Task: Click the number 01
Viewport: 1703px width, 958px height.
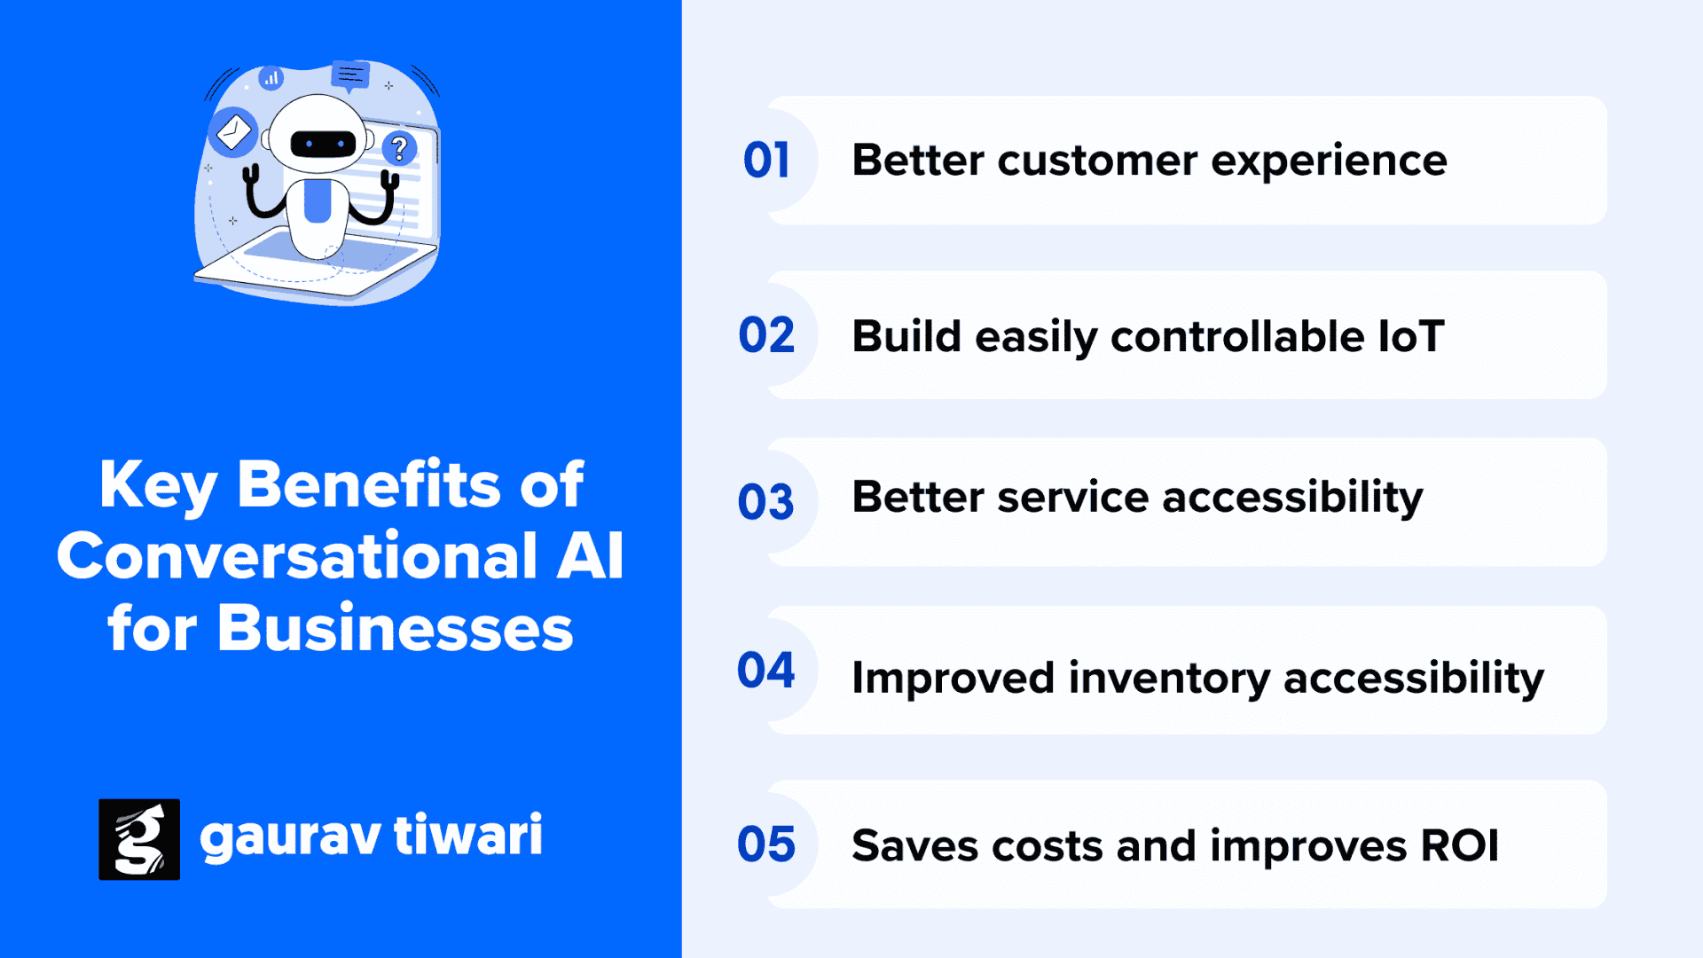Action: pyautogui.click(x=766, y=161)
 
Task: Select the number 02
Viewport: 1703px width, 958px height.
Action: pyautogui.click(x=766, y=335)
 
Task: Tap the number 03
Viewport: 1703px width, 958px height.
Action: pyautogui.click(x=766, y=502)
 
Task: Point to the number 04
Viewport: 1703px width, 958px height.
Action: pyautogui.click(x=766, y=670)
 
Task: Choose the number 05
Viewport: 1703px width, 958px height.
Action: pyautogui.click(x=766, y=844)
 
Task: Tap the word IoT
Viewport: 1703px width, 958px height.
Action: pyautogui.click(x=1411, y=336)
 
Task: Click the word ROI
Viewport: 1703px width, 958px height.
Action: pyautogui.click(x=1460, y=845)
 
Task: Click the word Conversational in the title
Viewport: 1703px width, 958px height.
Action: pyautogui.click(x=298, y=556)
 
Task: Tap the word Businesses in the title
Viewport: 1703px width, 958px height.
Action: pyautogui.click(x=396, y=628)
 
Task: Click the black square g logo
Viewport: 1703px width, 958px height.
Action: pyautogui.click(x=139, y=839)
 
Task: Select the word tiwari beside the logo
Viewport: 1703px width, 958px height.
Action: pyautogui.click(x=467, y=835)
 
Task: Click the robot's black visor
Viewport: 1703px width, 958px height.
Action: pyautogui.click(x=323, y=143)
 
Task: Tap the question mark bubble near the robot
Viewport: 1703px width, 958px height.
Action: pyautogui.click(x=399, y=148)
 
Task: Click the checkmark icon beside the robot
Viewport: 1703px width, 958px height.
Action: pyautogui.click(x=233, y=133)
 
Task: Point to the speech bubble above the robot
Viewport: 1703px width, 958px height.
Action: pyautogui.click(x=350, y=75)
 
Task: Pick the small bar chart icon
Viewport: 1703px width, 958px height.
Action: pyautogui.click(x=271, y=78)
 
